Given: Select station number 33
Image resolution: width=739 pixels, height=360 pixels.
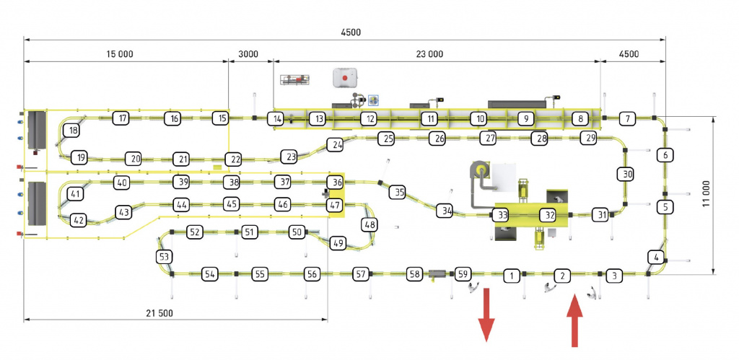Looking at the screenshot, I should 500,215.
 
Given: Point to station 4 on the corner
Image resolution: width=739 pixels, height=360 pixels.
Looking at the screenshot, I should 655,257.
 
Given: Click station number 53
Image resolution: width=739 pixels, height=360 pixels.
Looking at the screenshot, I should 165,257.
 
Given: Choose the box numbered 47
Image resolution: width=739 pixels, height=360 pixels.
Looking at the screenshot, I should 334,205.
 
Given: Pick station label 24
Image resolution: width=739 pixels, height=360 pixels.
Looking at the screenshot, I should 335,144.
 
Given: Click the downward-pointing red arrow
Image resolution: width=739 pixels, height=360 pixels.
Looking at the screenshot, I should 487,313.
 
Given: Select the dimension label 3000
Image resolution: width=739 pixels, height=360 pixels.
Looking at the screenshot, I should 247,54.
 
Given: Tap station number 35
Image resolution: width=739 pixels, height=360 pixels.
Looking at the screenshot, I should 398,192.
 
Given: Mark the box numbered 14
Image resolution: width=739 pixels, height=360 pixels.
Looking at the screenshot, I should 275,118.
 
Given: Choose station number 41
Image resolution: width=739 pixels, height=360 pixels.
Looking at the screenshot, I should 75,194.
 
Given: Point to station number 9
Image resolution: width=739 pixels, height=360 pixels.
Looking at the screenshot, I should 526,118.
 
